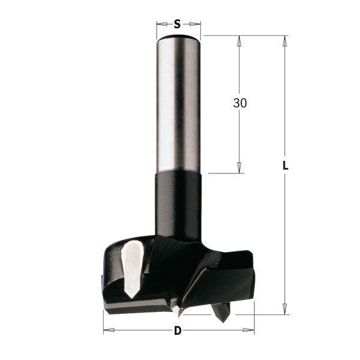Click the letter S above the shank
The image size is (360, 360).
click(x=178, y=24)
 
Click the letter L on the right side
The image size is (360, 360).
click(x=286, y=166)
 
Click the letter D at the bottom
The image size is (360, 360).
click(x=178, y=331)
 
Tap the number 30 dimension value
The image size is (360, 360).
click(x=239, y=103)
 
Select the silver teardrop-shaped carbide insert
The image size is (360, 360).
click(x=131, y=261)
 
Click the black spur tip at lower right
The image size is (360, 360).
click(x=221, y=313)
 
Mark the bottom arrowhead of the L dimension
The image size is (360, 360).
click(x=285, y=309)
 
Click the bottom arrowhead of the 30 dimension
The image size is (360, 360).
click(x=239, y=169)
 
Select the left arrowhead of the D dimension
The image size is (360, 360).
click(x=108, y=330)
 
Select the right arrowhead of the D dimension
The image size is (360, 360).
click(x=250, y=330)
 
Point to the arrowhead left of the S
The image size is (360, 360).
click(x=161, y=24)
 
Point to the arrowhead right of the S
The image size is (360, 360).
click(x=196, y=24)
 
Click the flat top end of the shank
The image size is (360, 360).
click(x=178, y=38)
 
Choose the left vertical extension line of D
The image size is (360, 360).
click(x=104, y=321)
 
